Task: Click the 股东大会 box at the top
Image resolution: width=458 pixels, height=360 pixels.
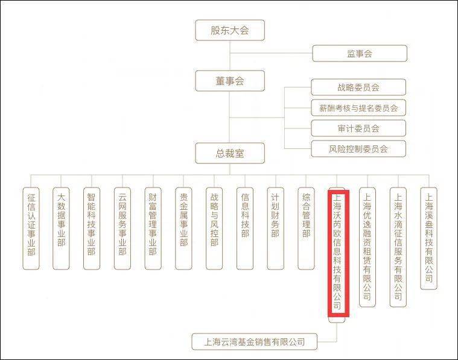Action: (x=230, y=30)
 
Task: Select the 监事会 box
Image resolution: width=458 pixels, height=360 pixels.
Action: (x=360, y=54)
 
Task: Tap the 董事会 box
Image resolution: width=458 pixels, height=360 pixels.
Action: (x=230, y=81)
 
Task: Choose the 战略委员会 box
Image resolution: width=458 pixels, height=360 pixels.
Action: (x=358, y=87)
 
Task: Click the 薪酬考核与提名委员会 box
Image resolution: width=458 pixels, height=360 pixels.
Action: (x=358, y=108)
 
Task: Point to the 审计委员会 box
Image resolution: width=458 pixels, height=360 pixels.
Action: (x=358, y=128)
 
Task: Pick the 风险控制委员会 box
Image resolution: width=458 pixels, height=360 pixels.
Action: (x=358, y=148)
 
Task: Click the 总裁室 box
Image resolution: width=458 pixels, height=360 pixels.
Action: (x=230, y=153)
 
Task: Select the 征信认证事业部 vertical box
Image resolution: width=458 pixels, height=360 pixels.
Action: (x=31, y=229)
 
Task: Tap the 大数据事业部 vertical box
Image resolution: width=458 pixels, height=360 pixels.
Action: (x=61, y=229)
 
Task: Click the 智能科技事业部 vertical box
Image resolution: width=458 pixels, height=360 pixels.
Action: (x=92, y=229)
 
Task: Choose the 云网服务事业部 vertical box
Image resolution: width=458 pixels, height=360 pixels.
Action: (x=122, y=229)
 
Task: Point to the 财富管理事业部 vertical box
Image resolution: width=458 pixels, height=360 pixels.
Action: (x=153, y=229)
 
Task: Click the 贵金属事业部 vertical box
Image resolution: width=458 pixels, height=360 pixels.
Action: (x=183, y=229)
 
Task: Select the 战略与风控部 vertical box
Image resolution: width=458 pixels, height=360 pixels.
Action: (x=214, y=229)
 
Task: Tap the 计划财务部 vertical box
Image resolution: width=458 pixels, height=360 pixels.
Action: (x=275, y=229)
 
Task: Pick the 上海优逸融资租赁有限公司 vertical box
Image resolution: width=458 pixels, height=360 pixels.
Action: (x=367, y=247)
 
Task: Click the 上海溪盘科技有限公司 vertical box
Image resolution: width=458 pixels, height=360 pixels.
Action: (x=428, y=239)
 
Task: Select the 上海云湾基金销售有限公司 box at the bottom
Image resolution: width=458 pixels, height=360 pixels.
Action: (x=255, y=341)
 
